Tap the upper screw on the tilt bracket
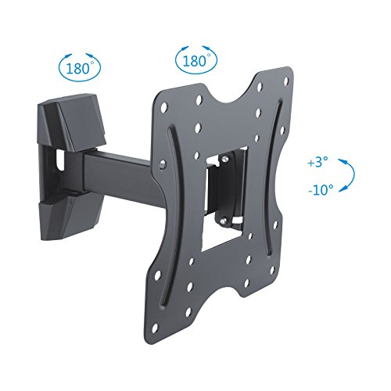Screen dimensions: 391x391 [x=224, y=162]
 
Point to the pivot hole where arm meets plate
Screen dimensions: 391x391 [x=160, y=166]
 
